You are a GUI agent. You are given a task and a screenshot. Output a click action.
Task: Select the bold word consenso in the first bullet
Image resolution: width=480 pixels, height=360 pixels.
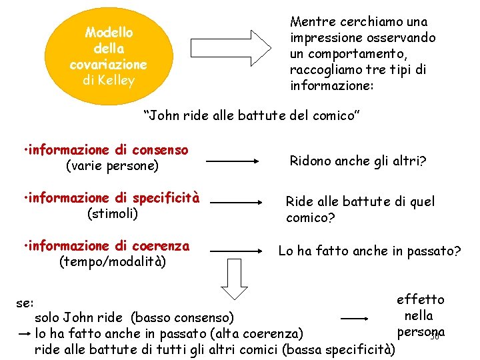[x=160, y=151]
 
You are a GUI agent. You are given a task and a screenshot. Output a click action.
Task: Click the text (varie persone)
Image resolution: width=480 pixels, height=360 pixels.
[x=112, y=166]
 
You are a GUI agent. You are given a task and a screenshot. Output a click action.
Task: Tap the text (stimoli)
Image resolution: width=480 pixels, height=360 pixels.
[x=113, y=213]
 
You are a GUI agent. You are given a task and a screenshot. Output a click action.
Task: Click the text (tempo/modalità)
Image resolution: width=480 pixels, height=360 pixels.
[x=113, y=262]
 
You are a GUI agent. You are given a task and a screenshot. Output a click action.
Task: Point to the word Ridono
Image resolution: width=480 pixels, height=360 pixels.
[x=310, y=161]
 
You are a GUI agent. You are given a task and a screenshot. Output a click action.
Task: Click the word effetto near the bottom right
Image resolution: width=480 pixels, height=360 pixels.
[x=420, y=299]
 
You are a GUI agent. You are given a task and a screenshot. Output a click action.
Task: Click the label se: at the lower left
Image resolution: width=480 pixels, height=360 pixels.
[x=25, y=303]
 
